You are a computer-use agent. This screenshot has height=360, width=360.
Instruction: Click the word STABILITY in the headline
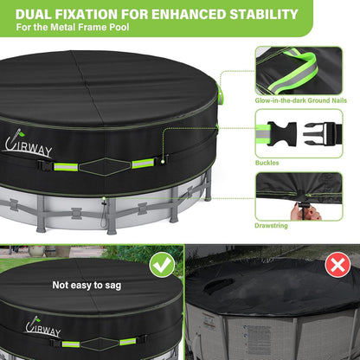264,14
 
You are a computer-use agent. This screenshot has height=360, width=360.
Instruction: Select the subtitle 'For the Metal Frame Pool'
73,28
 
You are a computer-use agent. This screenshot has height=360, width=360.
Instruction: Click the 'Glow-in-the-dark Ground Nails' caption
300,100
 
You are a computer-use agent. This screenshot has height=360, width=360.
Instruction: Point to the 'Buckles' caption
267,163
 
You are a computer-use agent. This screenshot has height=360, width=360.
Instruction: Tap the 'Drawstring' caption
271,226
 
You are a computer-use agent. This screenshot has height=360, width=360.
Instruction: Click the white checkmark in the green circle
163,265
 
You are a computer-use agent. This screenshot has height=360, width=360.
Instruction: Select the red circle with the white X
337,265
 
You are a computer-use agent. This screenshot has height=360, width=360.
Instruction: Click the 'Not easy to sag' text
87,286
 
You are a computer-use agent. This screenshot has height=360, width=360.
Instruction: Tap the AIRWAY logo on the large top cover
28,144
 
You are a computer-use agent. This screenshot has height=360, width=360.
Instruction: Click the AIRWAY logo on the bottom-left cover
42,327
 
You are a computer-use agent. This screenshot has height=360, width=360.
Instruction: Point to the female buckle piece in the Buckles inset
282,133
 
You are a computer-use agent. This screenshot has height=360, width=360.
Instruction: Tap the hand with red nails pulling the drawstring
306,213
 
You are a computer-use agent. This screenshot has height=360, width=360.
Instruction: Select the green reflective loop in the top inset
293,71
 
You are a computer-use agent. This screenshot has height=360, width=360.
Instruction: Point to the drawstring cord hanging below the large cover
103,214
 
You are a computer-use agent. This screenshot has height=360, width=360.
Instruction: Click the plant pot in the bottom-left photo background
37,252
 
